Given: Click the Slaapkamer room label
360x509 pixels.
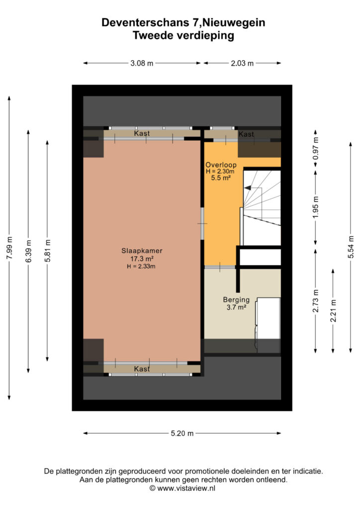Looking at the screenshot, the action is click(142, 251).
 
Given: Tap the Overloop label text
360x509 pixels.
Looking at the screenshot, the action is click(221, 165).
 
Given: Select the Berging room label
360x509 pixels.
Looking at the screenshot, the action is click(236, 300).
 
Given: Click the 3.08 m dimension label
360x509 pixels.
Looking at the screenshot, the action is click(142, 63).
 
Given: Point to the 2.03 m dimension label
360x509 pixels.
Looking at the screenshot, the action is click(242, 63).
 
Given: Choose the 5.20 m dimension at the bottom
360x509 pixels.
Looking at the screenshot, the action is click(182, 433).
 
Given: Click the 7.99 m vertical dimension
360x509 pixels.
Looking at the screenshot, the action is click(9, 248).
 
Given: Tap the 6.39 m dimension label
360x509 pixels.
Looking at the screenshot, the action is click(28, 251).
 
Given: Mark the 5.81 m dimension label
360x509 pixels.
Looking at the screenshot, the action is click(47, 251).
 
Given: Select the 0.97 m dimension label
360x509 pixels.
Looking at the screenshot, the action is click(316, 148).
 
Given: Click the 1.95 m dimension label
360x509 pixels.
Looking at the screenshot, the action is click(316, 207).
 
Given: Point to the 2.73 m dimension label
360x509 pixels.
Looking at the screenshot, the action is click(316, 301).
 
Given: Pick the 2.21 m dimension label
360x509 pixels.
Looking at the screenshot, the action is click(333, 311).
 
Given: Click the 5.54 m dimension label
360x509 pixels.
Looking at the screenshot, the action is click(351, 247).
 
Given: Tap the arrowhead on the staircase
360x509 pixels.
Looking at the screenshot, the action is click(248, 187).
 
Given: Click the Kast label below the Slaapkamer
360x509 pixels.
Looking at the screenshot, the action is click(142, 369).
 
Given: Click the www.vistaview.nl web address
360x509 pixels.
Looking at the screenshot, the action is click(186, 488).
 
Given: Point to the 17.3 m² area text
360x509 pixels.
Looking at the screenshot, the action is click(142, 258).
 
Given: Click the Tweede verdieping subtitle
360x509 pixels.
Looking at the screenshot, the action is click(183, 35).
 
